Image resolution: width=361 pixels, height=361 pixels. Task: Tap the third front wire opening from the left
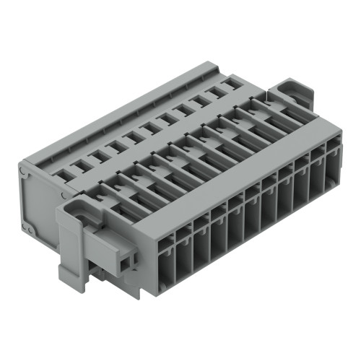click(202, 238)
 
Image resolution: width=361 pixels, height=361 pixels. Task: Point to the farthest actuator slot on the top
click(267, 106)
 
